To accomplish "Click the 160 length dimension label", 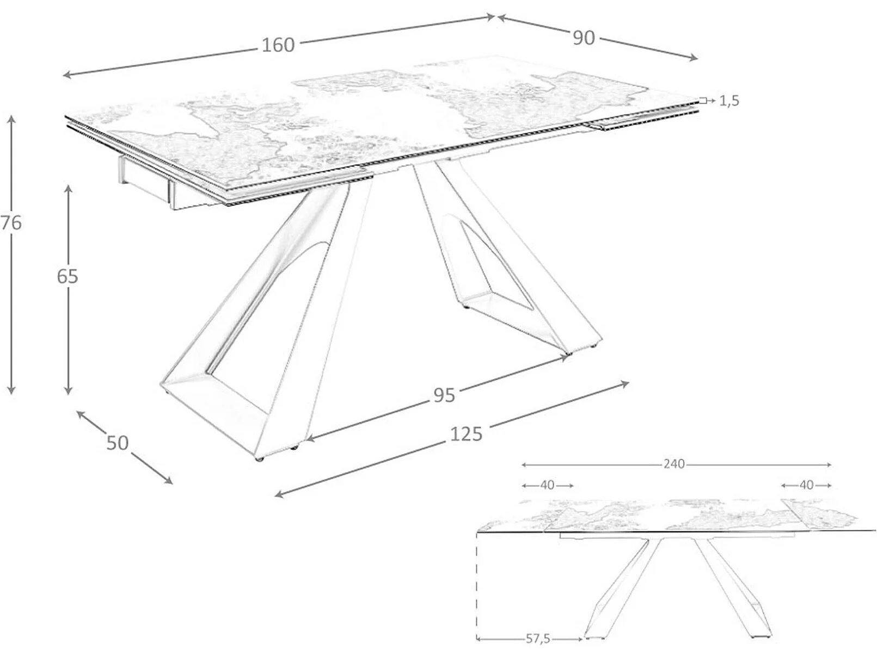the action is (278, 45).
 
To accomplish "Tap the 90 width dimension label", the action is (584, 38).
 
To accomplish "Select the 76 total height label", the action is (11, 223).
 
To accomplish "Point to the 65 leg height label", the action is (68, 276).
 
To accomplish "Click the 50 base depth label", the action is (118, 443).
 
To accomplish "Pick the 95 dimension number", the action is (444, 395).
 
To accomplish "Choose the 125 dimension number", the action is (467, 434).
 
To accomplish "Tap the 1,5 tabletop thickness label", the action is (729, 101).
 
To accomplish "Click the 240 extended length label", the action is (674, 464).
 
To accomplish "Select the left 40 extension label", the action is (547, 485).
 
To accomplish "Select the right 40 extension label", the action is (807, 485).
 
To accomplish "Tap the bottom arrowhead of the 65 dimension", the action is (69, 392).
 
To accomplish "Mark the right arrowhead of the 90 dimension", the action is (695, 58).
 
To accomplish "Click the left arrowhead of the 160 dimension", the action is (67, 75).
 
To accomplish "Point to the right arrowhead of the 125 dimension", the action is (625, 383).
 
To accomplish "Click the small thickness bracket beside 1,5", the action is (703, 101).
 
